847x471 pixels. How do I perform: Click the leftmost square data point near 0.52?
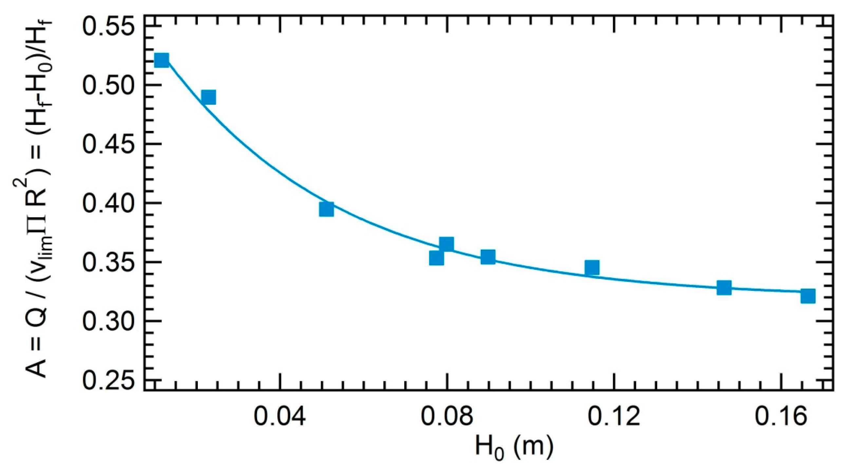[x=161, y=60]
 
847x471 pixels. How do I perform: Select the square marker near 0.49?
[x=208, y=97]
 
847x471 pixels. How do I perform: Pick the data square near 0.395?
[x=327, y=209]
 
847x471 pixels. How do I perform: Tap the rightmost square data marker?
[x=808, y=296]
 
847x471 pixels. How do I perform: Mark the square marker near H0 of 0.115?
[x=592, y=267]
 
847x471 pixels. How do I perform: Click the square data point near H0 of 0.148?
[x=724, y=288]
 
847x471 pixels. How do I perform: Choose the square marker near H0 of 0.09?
[x=488, y=257]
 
